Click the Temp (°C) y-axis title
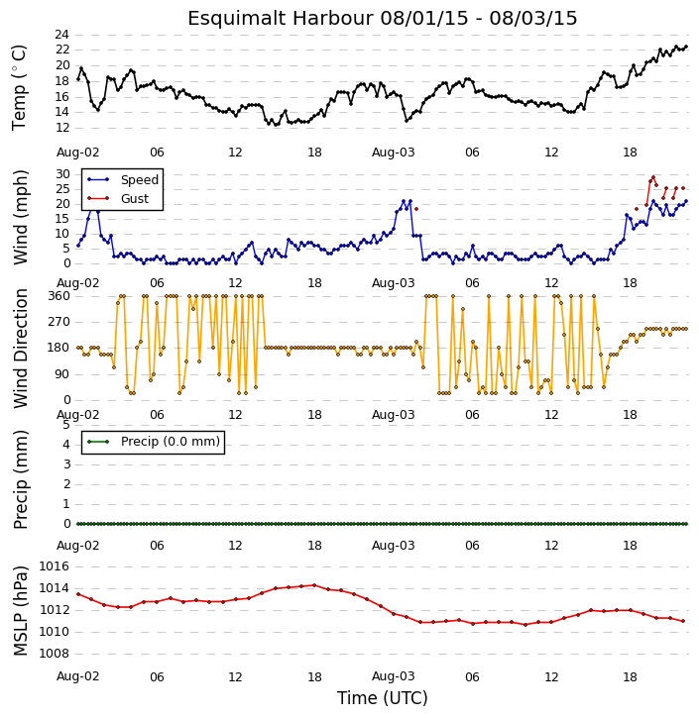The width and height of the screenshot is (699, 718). click(x=19, y=87)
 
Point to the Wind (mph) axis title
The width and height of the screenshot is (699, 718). click(x=20, y=217)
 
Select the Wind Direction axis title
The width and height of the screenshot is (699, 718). click(x=21, y=349)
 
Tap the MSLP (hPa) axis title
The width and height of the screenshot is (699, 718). click(x=20, y=611)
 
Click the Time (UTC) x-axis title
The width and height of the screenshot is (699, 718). click(x=383, y=698)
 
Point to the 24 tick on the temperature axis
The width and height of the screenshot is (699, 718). click(x=61, y=35)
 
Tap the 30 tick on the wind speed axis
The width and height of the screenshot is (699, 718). click(x=62, y=174)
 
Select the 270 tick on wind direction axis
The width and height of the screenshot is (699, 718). click(x=59, y=322)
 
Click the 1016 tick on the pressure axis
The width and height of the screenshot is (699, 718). click(x=55, y=566)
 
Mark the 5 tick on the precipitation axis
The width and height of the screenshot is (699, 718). click(x=66, y=425)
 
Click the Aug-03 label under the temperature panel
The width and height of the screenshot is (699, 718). click(x=393, y=153)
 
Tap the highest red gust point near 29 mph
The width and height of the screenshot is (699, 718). click(x=653, y=177)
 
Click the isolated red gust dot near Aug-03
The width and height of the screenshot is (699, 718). click(x=416, y=209)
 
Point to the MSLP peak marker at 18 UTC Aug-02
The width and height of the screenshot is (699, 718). click(x=314, y=585)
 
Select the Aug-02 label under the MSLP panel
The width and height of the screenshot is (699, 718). click(x=78, y=676)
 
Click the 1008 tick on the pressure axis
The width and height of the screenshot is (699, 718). click(x=55, y=654)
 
